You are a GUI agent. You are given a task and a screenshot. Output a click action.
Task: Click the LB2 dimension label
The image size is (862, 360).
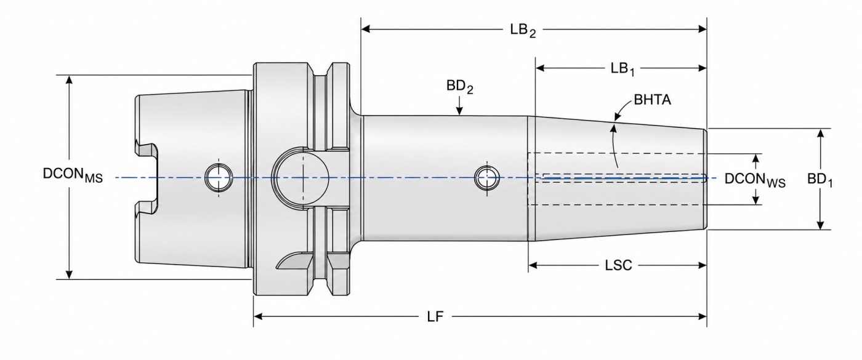[x=523, y=31]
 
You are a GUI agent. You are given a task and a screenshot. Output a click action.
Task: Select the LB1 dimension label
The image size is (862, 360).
[x=622, y=69]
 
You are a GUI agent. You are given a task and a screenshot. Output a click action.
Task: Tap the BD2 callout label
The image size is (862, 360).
[x=460, y=87]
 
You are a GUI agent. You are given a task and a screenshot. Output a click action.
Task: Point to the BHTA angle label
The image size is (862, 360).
[x=652, y=100]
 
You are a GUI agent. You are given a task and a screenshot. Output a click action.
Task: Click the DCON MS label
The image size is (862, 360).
[x=73, y=175]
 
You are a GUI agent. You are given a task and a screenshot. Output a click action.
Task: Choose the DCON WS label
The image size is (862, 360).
[x=755, y=180]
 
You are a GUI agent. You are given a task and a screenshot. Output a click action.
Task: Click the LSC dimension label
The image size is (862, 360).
[x=618, y=265]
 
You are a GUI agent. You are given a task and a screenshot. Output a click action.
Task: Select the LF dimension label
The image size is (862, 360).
[x=435, y=316]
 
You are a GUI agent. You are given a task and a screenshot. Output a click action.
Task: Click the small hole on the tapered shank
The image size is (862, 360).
[x=218, y=177]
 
